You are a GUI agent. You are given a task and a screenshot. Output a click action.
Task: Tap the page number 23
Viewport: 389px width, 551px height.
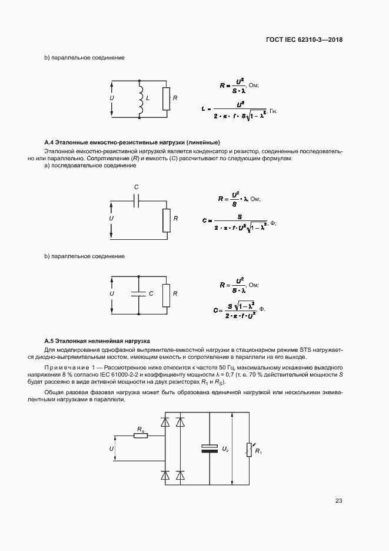[x=338, y=501]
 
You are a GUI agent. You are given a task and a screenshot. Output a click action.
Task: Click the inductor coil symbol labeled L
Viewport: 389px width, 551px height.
[x=140, y=98]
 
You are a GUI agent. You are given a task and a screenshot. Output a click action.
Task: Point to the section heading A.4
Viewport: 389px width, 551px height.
[x=132, y=143]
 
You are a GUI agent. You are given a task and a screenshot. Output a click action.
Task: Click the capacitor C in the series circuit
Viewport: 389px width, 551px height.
[x=137, y=201]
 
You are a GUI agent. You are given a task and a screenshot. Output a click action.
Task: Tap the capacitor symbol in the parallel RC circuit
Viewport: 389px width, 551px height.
[x=139, y=293]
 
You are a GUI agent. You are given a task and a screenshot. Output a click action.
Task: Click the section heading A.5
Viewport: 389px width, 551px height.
[x=98, y=341]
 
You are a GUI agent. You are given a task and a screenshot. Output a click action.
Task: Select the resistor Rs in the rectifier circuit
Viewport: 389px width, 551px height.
[x=140, y=435]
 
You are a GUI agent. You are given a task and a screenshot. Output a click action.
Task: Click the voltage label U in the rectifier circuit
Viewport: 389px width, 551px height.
[x=111, y=449]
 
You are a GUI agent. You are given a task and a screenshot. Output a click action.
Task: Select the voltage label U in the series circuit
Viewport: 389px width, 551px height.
[x=111, y=219]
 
